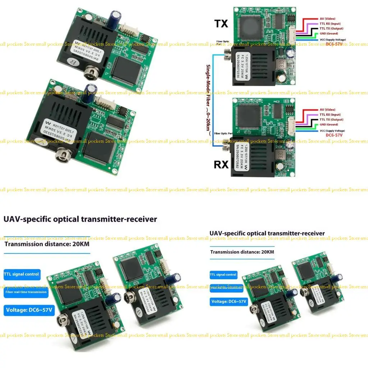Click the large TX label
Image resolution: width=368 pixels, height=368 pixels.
(221, 24)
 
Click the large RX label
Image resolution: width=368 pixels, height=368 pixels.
(221, 165)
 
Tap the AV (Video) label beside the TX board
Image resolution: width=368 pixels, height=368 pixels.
(327, 19)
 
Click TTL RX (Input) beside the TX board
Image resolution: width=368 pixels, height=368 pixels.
(330, 24)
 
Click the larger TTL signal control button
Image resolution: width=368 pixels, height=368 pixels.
(22, 274)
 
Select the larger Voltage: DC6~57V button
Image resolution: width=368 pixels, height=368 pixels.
(29, 309)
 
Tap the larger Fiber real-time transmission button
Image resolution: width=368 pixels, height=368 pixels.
(26, 292)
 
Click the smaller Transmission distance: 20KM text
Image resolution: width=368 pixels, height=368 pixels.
(242, 252)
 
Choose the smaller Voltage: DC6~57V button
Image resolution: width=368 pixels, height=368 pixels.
(229, 302)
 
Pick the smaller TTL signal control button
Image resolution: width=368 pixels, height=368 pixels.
(224, 275)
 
